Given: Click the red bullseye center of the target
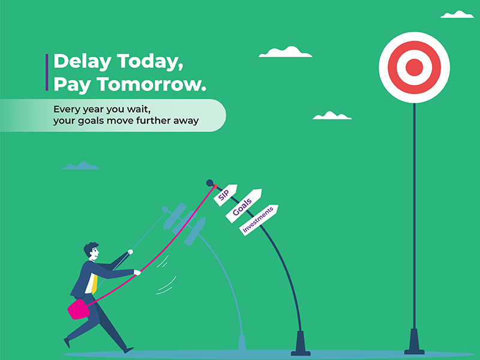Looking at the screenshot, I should click(x=414, y=67).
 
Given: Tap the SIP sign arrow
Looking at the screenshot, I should click(x=226, y=195).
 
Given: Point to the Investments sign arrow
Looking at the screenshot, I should click(x=259, y=220).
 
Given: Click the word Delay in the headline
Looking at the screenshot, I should click(x=82, y=61).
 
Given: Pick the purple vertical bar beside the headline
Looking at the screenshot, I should click(x=47, y=72).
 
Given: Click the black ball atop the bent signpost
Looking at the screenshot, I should click(x=209, y=182).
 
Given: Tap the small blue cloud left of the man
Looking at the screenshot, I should click(x=81, y=166).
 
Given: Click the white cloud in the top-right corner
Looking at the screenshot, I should click(x=457, y=14).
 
